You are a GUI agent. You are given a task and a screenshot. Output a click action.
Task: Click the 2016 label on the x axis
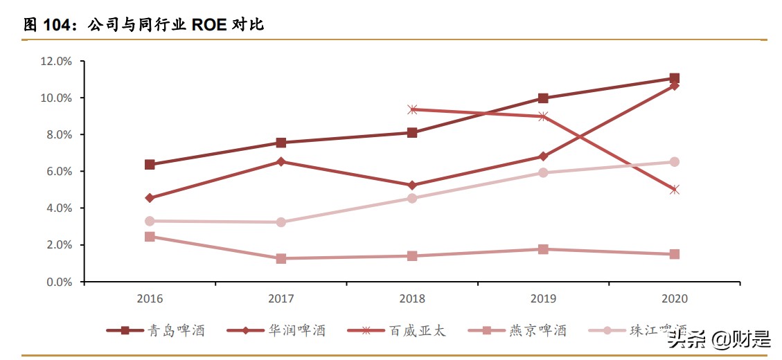[150, 299]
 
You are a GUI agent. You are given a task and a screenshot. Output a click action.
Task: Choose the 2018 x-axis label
[412, 299]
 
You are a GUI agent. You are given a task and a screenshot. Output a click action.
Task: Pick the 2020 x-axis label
[675, 299]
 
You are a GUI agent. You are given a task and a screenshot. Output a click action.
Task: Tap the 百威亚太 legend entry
[397, 331]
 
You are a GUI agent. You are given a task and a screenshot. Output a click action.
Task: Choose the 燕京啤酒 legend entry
[517, 331]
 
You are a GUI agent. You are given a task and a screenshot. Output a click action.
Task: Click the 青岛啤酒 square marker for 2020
[675, 78]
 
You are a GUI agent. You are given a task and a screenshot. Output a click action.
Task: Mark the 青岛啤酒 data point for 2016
[150, 165]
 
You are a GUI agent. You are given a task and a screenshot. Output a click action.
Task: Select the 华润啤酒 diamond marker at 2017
[281, 161]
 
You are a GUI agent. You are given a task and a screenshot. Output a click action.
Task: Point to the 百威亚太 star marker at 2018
[412, 109]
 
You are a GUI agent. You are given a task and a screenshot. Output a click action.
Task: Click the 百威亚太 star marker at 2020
[675, 189]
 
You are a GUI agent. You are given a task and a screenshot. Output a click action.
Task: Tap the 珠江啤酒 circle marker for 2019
[543, 172]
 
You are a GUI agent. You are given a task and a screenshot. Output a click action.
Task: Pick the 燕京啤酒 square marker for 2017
[281, 258]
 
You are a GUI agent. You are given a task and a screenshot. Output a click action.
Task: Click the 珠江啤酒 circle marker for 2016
[150, 221]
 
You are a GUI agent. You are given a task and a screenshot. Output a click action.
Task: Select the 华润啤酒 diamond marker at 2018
[412, 186]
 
